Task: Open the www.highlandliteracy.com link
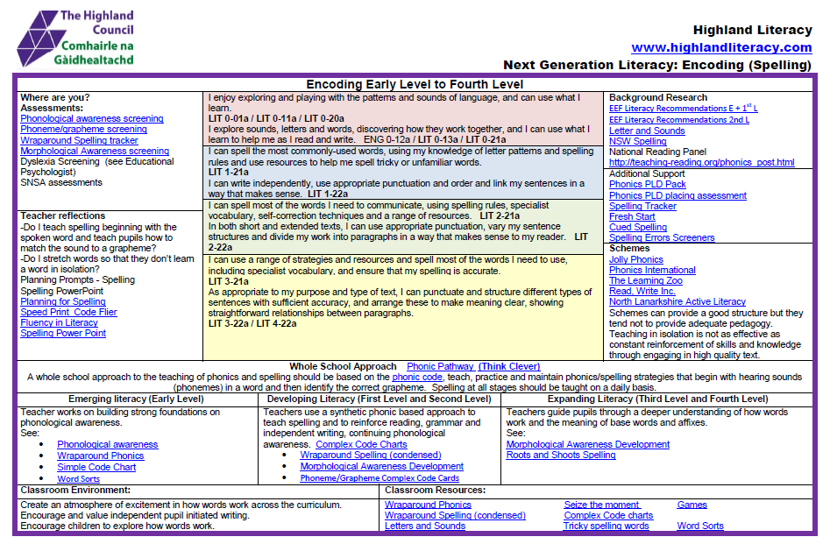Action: (x=721, y=47)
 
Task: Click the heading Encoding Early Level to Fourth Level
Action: (x=415, y=84)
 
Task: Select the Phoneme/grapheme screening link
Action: (x=83, y=130)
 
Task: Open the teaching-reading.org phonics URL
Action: (x=701, y=162)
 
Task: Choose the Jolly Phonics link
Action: (x=635, y=259)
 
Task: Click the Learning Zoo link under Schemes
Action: (x=645, y=280)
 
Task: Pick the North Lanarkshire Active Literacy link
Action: (x=677, y=301)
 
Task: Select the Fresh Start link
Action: (x=632, y=216)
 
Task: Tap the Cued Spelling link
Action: (x=637, y=227)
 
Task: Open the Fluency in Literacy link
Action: (x=59, y=322)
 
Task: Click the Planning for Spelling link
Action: (x=62, y=301)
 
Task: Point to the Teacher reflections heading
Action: (x=62, y=215)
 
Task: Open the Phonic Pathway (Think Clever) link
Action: (x=472, y=366)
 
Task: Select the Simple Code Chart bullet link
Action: (x=96, y=468)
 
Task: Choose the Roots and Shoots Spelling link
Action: (x=560, y=456)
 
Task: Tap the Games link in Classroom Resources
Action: (x=692, y=505)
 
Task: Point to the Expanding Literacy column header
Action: (x=658, y=399)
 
